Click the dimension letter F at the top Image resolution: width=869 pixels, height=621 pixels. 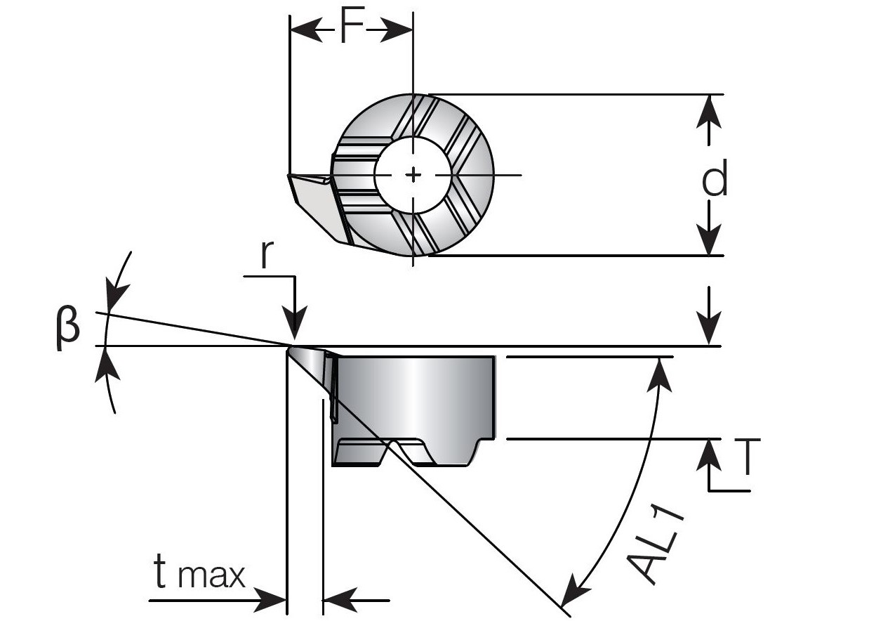tap(352, 30)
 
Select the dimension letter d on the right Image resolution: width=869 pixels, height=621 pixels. tap(715, 180)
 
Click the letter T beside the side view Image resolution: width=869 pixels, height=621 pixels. tap(748, 457)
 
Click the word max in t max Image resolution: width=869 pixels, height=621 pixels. tap(211, 575)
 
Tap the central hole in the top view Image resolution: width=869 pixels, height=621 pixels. tap(413, 175)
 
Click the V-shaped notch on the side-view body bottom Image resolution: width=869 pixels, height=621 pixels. tap(396, 449)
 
